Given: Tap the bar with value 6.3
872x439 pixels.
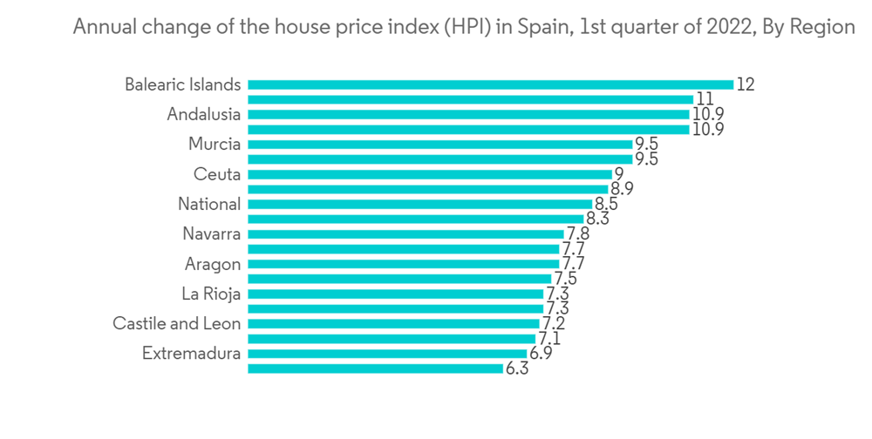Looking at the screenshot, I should point(375,368).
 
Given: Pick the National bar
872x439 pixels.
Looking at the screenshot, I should point(419,204).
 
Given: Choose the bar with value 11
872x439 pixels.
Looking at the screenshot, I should point(470,99).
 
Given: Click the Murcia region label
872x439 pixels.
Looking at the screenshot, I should point(215,145).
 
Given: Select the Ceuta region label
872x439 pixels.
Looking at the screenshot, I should point(217,174).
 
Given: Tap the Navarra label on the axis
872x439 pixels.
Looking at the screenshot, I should point(212,234).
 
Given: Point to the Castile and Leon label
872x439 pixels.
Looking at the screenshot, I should point(177,324).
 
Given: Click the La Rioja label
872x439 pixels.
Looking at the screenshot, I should point(211,294).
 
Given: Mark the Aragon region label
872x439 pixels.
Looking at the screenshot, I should point(213,264).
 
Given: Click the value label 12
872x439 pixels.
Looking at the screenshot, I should point(745,84).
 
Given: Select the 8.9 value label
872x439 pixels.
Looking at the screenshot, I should point(622,189).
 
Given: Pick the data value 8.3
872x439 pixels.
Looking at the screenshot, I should point(597,219).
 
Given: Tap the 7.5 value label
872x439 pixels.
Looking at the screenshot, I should point(565,279).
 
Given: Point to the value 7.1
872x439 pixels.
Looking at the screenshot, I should point(548,339).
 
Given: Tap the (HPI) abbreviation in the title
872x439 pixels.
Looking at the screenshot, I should point(466,27).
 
